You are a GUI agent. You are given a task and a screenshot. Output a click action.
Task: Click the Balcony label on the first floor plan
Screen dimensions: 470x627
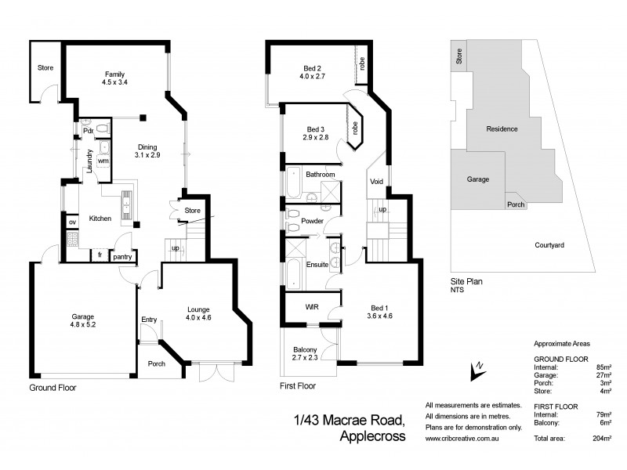tap(305, 353)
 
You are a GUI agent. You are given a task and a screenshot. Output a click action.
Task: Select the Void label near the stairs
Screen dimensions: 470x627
tap(376, 182)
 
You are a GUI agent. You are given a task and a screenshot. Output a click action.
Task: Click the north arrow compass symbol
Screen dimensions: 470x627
tap(475, 369)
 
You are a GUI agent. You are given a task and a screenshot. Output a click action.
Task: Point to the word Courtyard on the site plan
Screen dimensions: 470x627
tap(550, 245)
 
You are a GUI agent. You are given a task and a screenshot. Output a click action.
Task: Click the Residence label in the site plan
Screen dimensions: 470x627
tap(502, 129)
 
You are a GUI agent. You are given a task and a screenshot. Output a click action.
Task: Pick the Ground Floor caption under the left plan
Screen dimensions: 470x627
tap(53, 388)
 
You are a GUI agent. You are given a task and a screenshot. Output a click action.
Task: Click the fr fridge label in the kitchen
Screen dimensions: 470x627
tap(100, 255)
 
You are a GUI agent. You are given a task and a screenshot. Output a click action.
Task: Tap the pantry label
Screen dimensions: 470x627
tap(122, 256)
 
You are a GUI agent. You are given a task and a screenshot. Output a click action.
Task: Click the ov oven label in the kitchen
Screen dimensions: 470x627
tap(73, 222)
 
